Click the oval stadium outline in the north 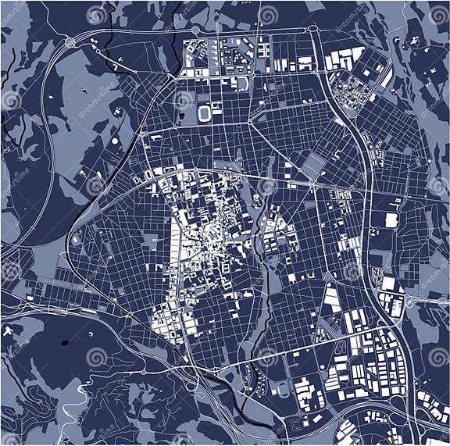(x=205, y=114)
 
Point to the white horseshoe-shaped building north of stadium (x=243, y=83)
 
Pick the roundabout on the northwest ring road (x=71, y=41)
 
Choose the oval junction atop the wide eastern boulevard (x=312, y=30)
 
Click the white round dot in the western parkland (x=115, y=141)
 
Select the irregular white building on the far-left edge (x=9, y=332)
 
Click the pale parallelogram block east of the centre (x=313, y=164)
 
